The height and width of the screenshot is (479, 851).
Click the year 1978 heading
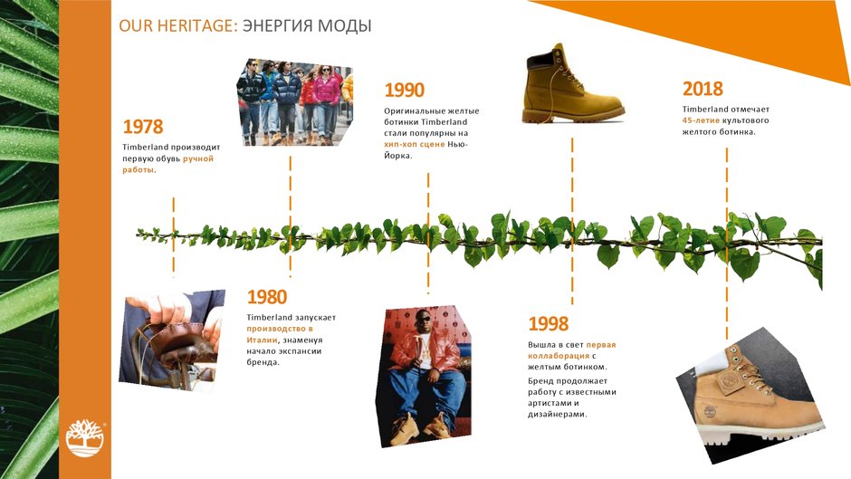[x=143, y=127]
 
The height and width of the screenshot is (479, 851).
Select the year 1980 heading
[x=266, y=297]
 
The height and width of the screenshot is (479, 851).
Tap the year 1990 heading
[x=405, y=91]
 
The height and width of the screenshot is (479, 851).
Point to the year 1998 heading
[x=548, y=323]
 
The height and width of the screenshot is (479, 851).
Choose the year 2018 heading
[x=703, y=89]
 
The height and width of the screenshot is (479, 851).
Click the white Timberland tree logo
[x=85, y=438]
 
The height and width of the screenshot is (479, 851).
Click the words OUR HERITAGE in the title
[x=178, y=25]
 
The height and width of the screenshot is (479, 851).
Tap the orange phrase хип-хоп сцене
[x=414, y=145]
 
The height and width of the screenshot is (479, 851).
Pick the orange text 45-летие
[x=701, y=120]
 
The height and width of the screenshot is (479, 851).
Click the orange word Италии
[x=262, y=340]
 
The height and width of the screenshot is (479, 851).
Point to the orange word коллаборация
[x=559, y=356]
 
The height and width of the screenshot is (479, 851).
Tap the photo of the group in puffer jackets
[x=295, y=102]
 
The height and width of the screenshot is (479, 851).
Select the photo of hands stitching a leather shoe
[x=171, y=340]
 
